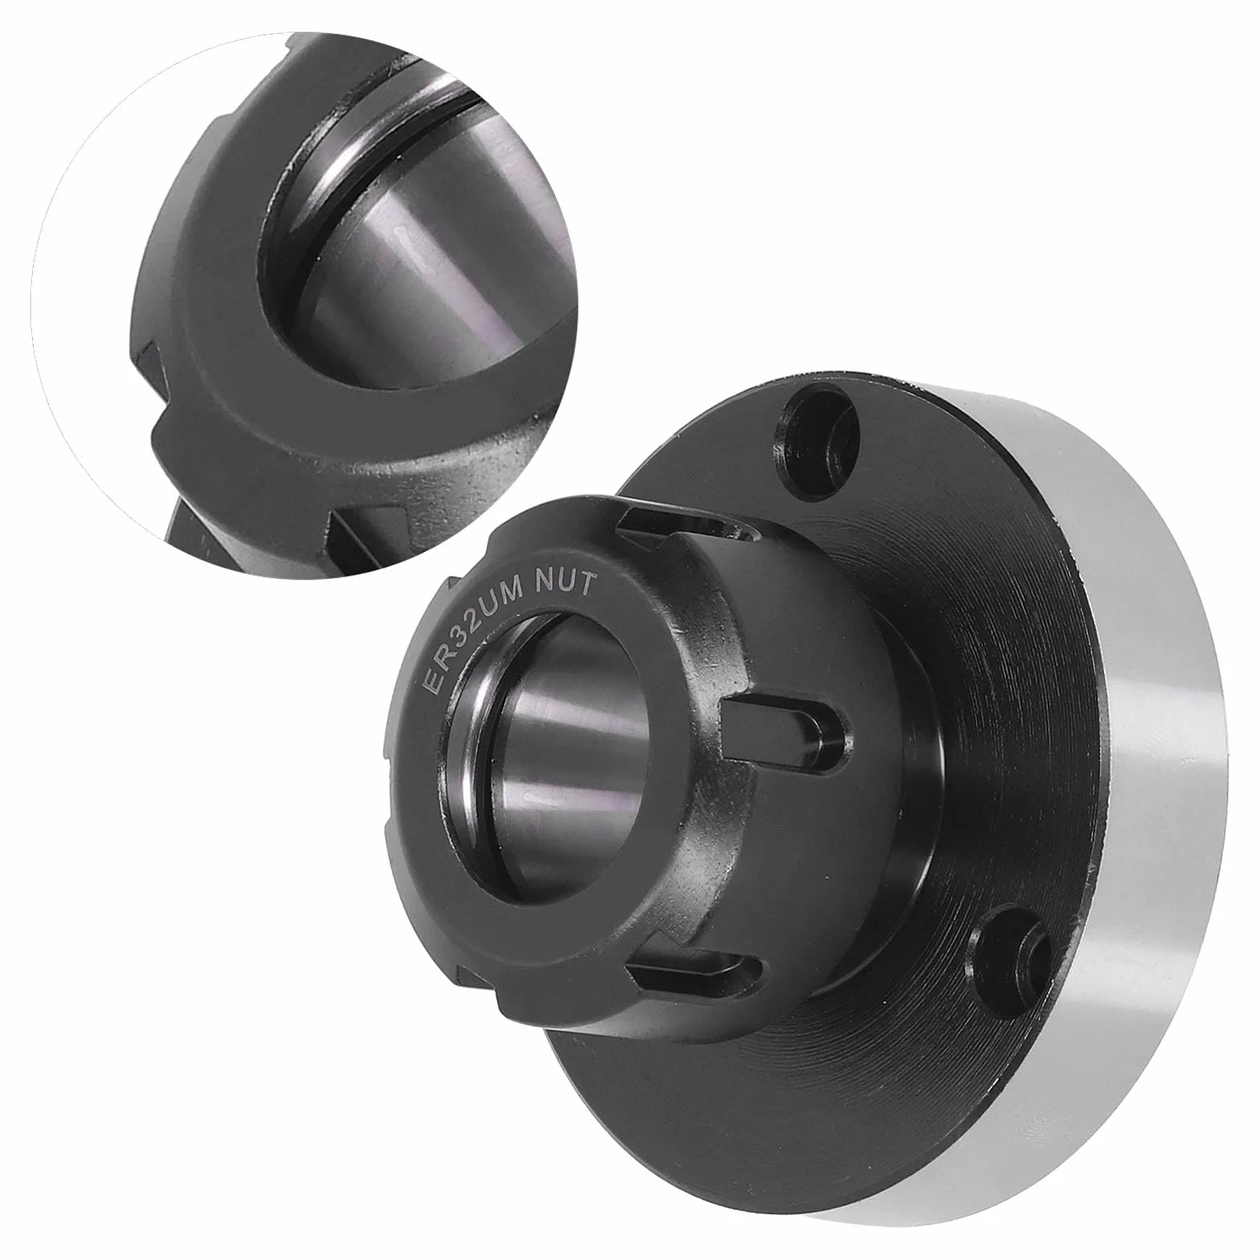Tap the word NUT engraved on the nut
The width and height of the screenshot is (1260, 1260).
(569, 580)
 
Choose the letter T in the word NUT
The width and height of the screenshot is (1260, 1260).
(587, 584)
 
